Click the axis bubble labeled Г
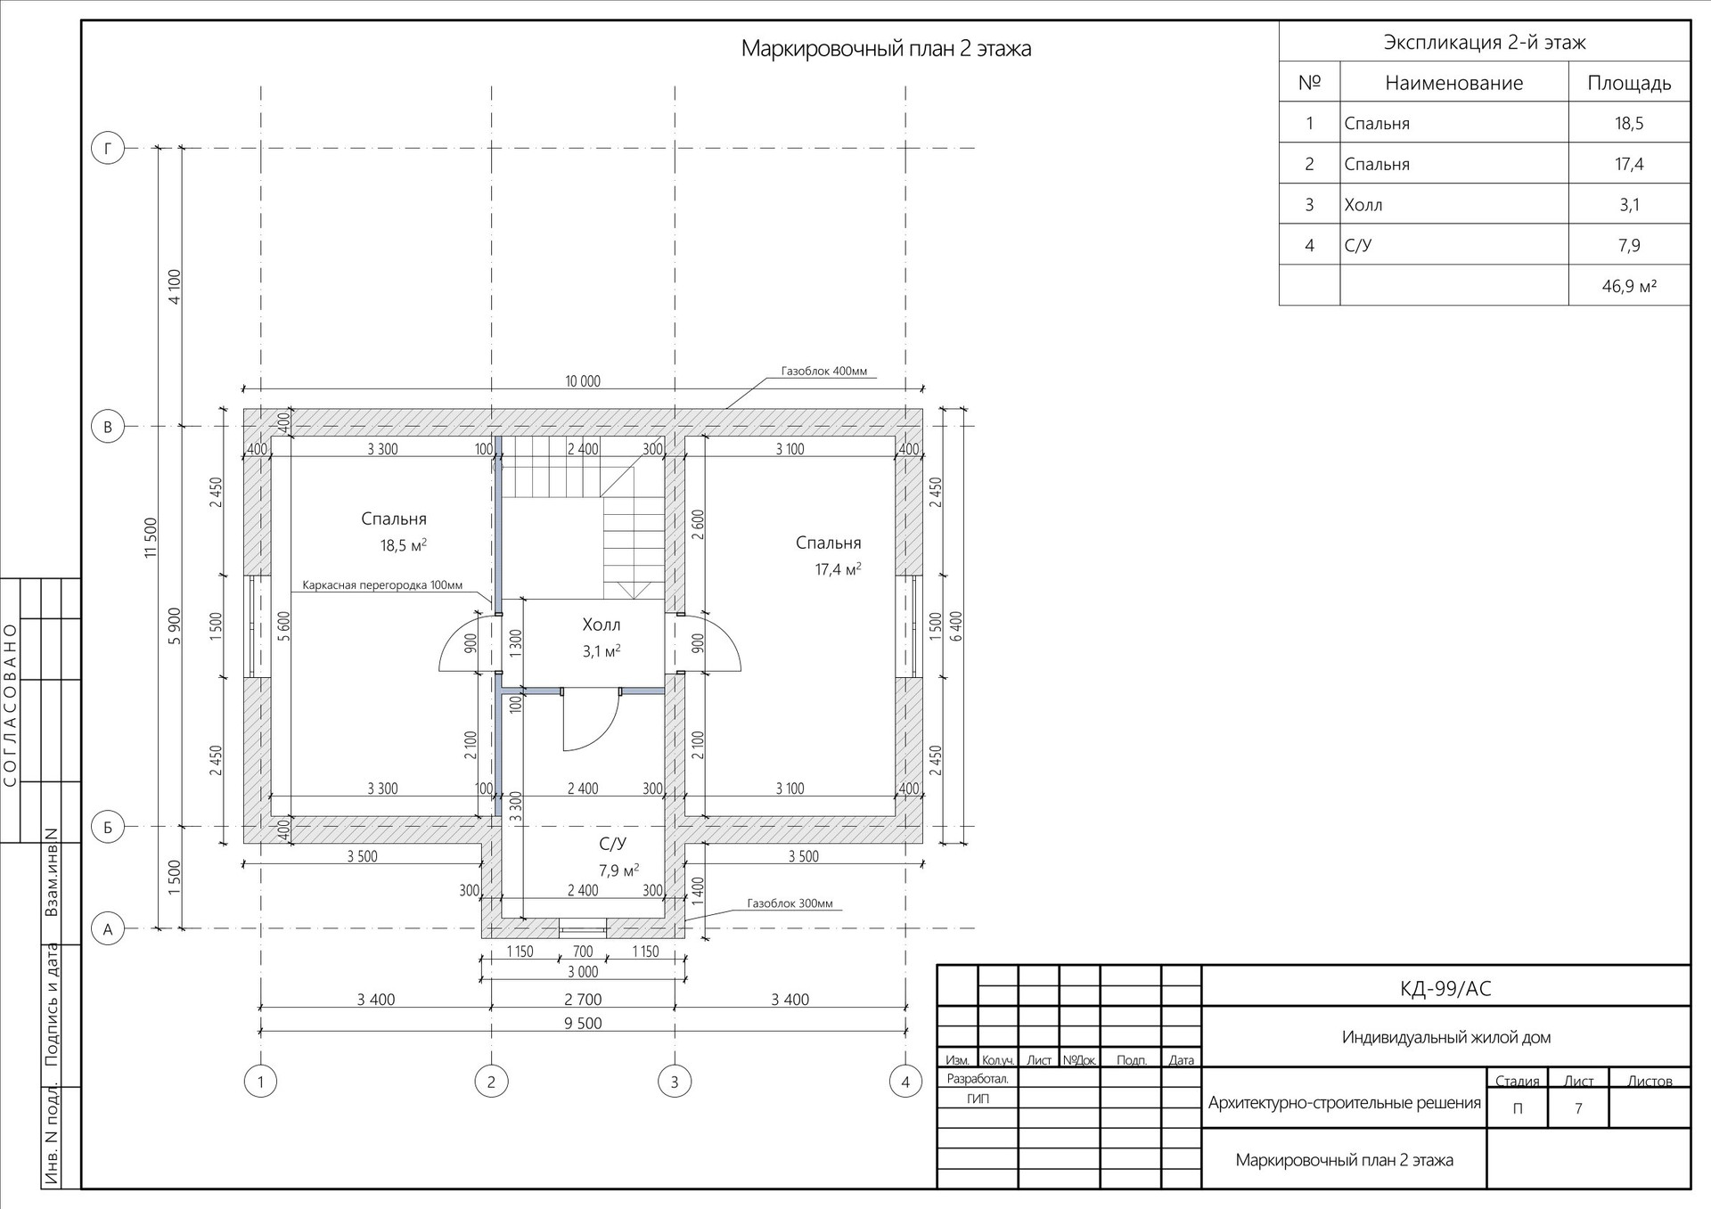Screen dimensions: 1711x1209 (x=108, y=148)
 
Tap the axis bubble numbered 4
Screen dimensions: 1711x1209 (x=905, y=1082)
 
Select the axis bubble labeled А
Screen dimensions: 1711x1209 (x=108, y=929)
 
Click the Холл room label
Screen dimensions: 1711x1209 (x=602, y=625)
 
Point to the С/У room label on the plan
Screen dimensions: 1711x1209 (x=613, y=843)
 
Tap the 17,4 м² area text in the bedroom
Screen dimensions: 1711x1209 (x=839, y=568)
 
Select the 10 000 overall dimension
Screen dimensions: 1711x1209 (x=583, y=381)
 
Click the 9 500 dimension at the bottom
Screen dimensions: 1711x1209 (x=583, y=1023)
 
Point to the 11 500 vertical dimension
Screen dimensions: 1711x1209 (x=151, y=538)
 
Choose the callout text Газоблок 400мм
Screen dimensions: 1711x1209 (x=824, y=372)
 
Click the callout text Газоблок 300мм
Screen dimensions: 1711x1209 (x=790, y=903)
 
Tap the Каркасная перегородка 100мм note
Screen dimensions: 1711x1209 (x=382, y=585)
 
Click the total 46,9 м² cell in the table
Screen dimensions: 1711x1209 (x=1629, y=286)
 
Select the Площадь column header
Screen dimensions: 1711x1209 (x=1629, y=83)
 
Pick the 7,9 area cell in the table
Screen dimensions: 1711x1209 (x=1629, y=245)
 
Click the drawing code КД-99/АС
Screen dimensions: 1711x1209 (x=1445, y=988)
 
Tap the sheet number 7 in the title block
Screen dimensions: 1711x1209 (x=1578, y=1109)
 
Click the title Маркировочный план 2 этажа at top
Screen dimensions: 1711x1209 (x=886, y=48)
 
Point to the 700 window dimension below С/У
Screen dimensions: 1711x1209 (x=582, y=952)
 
